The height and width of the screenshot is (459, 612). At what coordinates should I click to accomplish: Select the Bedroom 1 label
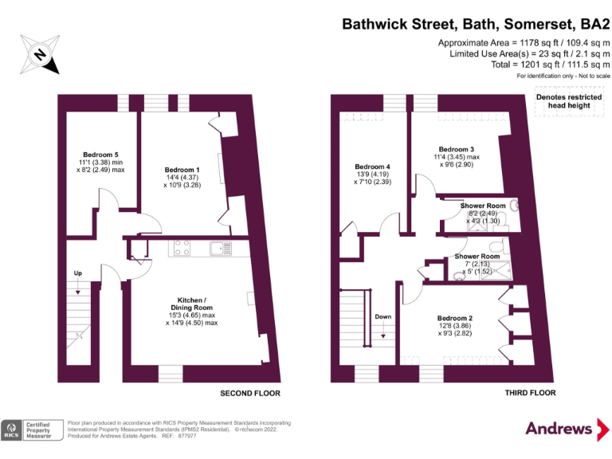tap(182, 170)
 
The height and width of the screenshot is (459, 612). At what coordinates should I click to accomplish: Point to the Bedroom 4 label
tap(372, 167)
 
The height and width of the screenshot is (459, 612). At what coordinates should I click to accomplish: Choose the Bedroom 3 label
tap(456, 149)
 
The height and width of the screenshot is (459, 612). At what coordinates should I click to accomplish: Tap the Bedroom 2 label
tap(454, 318)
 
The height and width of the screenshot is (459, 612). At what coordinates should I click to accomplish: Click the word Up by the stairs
tap(78, 273)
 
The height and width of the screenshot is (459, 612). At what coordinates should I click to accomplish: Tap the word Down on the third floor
tap(383, 316)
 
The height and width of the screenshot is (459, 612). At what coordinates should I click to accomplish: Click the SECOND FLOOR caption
tap(250, 393)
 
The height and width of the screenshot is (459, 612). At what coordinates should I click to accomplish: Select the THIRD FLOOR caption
tap(530, 393)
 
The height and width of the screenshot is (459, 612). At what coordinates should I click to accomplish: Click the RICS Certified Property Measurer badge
tap(32, 430)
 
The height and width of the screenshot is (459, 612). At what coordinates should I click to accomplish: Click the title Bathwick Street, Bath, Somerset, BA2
tap(476, 24)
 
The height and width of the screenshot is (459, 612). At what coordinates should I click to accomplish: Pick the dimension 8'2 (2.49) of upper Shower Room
tap(483, 214)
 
